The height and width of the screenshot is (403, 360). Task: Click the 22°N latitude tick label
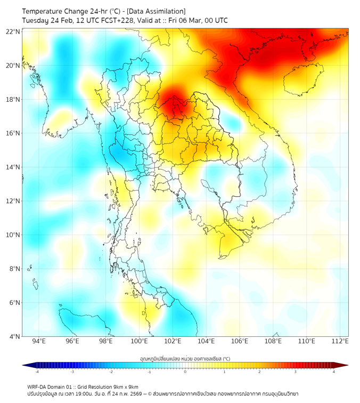pyautogui.click(x=13, y=31)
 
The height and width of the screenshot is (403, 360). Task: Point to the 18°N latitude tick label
pyautogui.click(x=13, y=99)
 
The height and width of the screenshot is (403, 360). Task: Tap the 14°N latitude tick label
pyautogui.click(x=13, y=167)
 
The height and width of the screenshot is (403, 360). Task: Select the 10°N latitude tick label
pyautogui.click(x=13, y=235)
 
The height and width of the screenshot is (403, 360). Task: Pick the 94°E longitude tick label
pyautogui.click(x=39, y=341)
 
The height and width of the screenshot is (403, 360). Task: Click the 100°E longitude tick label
pyautogui.click(x=139, y=341)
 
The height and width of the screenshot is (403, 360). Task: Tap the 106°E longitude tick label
pyautogui.click(x=240, y=341)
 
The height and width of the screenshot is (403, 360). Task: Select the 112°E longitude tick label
pyautogui.click(x=340, y=341)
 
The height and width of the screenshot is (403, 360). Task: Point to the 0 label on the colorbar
pyautogui.click(x=185, y=372)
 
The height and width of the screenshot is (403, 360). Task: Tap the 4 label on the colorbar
pyautogui.click(x=334, y=372)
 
